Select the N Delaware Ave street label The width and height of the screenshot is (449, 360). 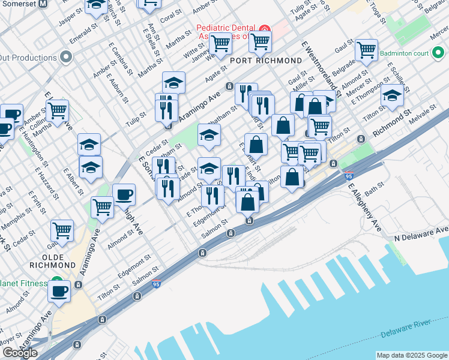pos(421,233)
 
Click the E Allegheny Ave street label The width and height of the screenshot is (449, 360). pos(365,207)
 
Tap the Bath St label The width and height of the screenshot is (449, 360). pos(373,190)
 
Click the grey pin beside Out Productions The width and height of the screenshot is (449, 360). pos(66,57)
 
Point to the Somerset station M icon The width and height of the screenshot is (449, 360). pos(43,4)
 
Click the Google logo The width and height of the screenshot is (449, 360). pos(20,353)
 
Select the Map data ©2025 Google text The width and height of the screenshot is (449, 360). pos(411,355)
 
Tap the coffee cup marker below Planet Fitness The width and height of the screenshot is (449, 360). pos(59,292)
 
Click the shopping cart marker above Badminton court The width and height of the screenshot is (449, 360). pos(366,50)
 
